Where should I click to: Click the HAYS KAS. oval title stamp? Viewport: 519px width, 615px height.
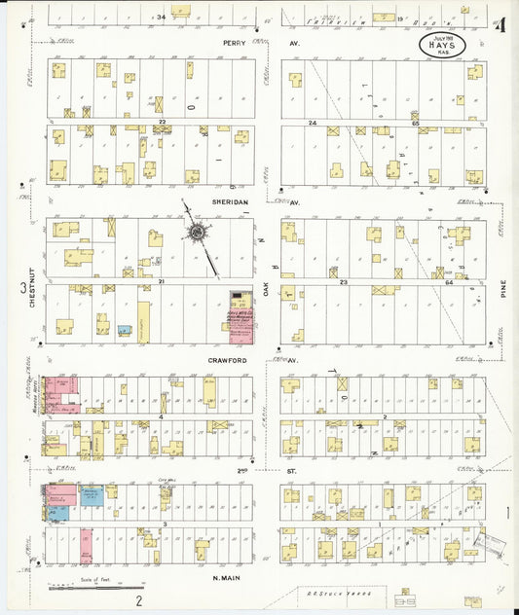click(x=442, y=44)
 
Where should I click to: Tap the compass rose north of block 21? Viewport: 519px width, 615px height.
click(x=200, y=234)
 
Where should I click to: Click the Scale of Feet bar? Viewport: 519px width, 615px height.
click(x=86, y=588)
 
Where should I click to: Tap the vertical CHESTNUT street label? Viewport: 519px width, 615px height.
click(x=32, y=288)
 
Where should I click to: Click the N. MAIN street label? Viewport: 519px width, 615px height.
click(x=227, y=578)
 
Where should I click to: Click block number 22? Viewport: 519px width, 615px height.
click(x=164, y=122)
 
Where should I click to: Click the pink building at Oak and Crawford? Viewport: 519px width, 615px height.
click(x=239, y=317)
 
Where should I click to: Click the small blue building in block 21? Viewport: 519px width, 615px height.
click(x=125, y=331)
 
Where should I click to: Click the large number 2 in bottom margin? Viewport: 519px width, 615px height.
click(x=139, y=600)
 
